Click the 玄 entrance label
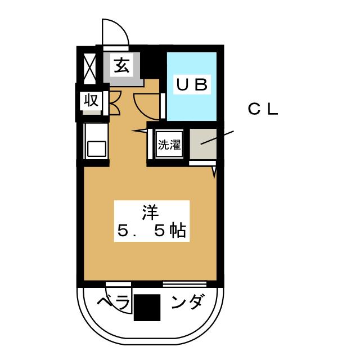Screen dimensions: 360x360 pyautogui.click(x=121, y=66)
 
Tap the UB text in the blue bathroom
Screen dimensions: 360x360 pyautogui.click(x=193, y=85)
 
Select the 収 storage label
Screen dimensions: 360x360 pyautogui.click(x=91, y=101)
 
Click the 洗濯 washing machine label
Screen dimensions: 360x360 pyautogui.click(x=169, y=145)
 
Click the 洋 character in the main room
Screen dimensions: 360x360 pyautogui.click(x=150, y=214)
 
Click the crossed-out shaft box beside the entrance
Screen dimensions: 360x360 pyautogui.click(x=89, y=66)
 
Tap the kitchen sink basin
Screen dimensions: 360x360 pyautogui.click(x=96, y=150)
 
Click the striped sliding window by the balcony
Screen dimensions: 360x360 pyautogui.click(x=189, y=282)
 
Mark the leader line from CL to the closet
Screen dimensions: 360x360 pyautogui.click(x=217, y=138)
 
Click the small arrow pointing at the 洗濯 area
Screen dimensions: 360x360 pyautogui.click(x=138, y=130)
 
